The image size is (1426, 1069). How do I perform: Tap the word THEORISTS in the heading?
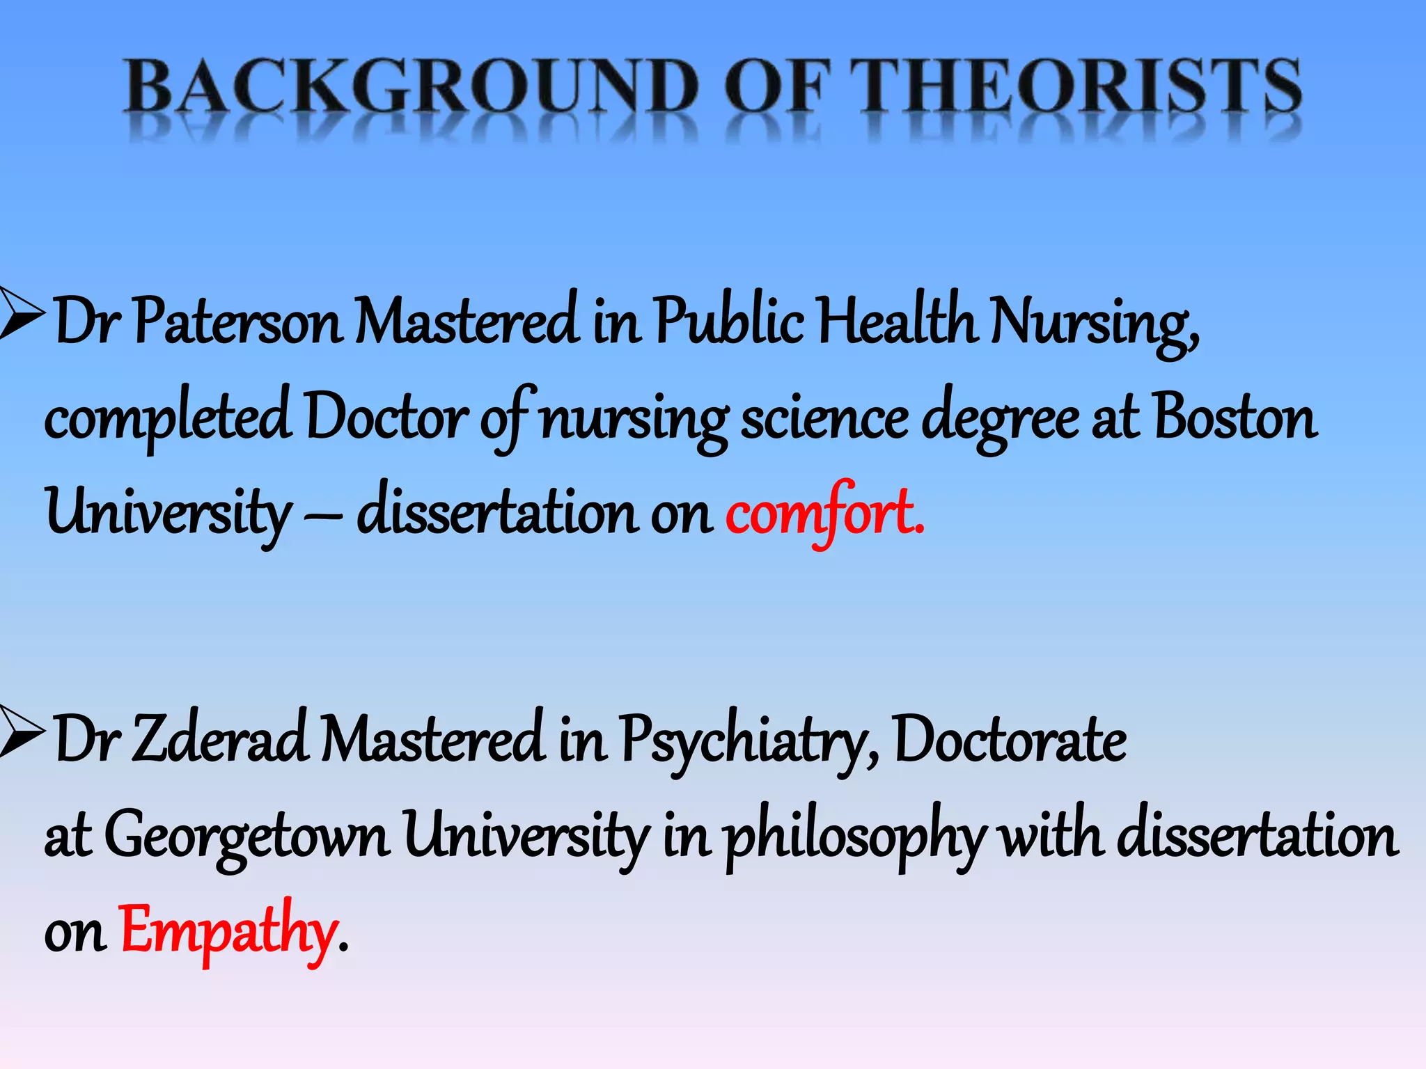click(x=1075, y=86)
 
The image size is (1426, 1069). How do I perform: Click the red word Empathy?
click(x=228, y=931)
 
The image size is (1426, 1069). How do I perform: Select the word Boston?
click(x=1235, y=418)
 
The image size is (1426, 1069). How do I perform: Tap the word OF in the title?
click(x=777, y=86)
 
